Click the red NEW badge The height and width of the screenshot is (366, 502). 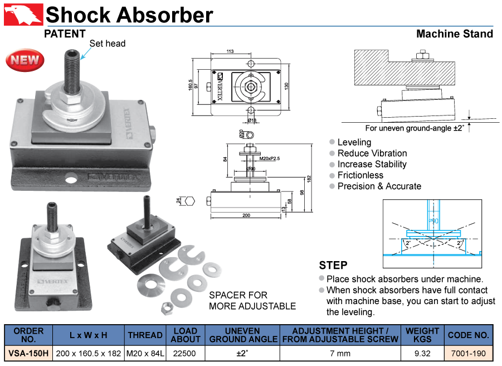click(23, 60)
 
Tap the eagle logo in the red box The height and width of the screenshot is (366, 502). click(23, 15)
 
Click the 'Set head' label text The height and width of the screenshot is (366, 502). click(108, 44)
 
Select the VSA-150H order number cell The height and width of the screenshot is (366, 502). click(28, 353)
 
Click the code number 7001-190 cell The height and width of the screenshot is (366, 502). click(468, 353)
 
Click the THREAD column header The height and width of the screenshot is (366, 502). click(145, 335)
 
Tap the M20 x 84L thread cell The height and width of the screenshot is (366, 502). click(145, 353)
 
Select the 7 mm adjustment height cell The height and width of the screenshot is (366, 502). click(340, 353)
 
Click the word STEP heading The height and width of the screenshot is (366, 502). click(333, 265)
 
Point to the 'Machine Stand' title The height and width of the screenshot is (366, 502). click(455, 34)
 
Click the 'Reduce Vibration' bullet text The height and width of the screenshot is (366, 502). click(372, 153)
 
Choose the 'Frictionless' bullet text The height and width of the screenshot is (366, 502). click(360, 175)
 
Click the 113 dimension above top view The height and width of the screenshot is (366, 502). click(230, 51)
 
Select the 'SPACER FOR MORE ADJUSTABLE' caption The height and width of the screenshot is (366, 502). click(252, 300)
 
